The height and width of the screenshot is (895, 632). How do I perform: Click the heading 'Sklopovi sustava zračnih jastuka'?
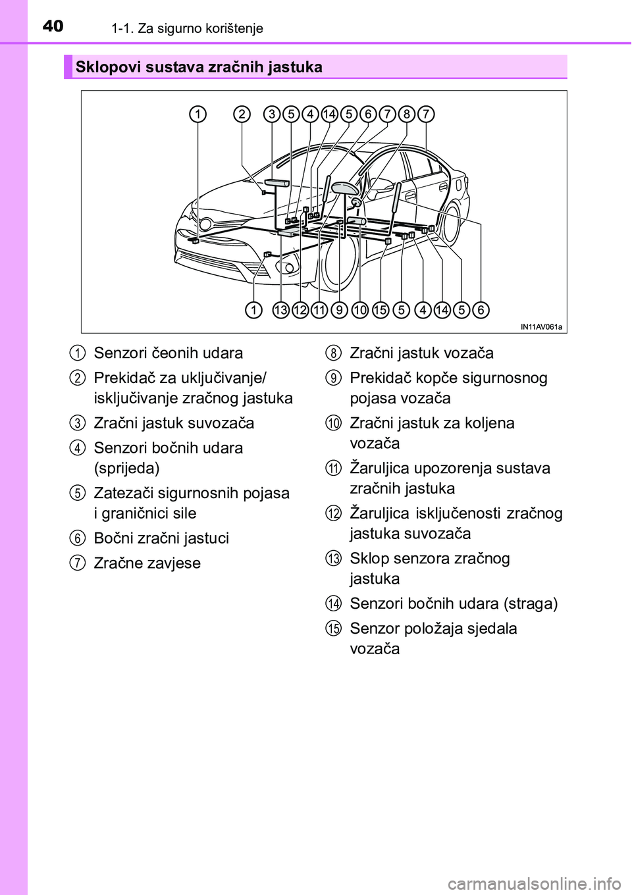pyautogui.click(x=199, y=67)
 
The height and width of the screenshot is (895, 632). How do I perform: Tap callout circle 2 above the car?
pyautogui.click(x=243, y=115)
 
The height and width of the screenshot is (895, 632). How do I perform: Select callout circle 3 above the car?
pyautogui.click(x=272, y=115)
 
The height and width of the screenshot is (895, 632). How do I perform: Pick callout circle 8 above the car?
pyautogui.click(x=407, y=115)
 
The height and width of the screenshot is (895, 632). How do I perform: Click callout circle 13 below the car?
pyautogui.click(x=281, y=309)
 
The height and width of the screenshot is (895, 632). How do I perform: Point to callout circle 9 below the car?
pyautogui.click(x=340, y=309)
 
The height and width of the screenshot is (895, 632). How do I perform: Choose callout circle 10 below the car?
pyautogui.click(x=360, y=309)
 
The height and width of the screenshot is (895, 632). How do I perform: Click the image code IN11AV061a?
pyautogui.click(x=542, y=326)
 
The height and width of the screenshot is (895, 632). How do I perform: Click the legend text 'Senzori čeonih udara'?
pyautogui.click(x=169, y=353)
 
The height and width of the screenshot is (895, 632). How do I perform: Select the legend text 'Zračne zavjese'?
pyautogui.click(x=147, y=563)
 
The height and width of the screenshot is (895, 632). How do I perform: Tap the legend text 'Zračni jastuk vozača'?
pyautogui.click(x=421, y=353)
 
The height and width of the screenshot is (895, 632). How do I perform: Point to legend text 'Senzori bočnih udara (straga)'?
pyautogui.click(x=454, y=603)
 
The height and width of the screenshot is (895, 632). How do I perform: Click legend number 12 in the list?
pyautogui.click(x=333, y=513)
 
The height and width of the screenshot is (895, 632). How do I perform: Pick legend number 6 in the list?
pyautogui.click(x=78, y=538)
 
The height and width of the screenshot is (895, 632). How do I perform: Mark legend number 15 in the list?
pyautogui.click(x=333, y=628)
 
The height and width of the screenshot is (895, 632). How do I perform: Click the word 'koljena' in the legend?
pyautogui.click(x=488, y=422)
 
